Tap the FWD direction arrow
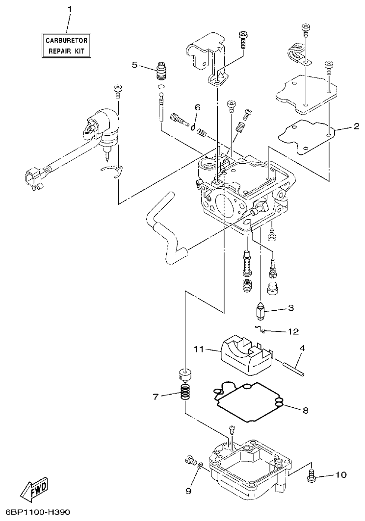click(x=35, y=489)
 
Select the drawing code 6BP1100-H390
click(x=35, y=512)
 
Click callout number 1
click(x=69, y=10)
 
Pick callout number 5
click(x=134, y=65)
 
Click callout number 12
click(x=293, y=332)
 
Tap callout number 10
click(x=340, y=474)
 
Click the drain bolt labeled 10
click(x=311, y=475)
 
